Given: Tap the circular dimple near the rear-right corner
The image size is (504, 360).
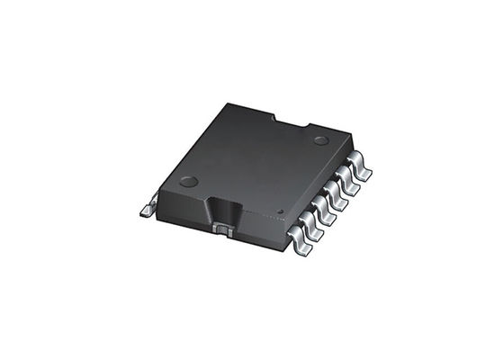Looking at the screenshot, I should pos(320,140).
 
